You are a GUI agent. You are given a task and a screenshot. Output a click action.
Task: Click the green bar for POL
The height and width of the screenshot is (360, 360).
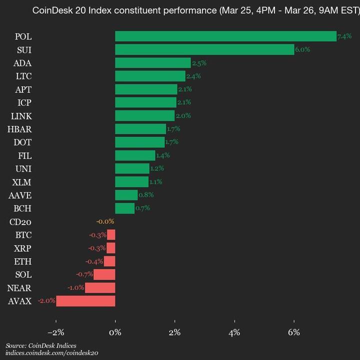click(x=225, y=36)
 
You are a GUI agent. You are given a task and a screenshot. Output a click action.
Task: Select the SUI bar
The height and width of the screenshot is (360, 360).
click(x=204, y=49)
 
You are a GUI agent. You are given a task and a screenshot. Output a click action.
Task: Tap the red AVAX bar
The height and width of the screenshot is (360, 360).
click(x=85, y=301)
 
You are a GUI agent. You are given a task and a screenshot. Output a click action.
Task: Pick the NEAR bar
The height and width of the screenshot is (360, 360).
click(x=100, y=288)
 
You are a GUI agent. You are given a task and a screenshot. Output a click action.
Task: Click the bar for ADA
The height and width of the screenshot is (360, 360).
click(x=153, y=63)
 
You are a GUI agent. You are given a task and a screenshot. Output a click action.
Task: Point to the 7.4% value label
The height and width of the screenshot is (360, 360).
click(x=344, y=36)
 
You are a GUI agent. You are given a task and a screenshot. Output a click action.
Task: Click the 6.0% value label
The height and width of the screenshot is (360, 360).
click(x=302, y=49)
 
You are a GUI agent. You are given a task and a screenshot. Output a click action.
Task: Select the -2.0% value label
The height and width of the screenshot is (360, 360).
click(x=46, y=301)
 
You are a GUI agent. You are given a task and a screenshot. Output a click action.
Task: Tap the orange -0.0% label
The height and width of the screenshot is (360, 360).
click(x=105, y=221)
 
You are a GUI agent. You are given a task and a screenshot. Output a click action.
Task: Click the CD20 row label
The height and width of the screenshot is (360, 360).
click(x=20, y=222)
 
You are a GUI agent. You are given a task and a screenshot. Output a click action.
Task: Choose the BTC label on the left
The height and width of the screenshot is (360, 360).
click(x=23, y=235)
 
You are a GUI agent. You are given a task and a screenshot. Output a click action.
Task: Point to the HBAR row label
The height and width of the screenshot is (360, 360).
click(x=19, y=129)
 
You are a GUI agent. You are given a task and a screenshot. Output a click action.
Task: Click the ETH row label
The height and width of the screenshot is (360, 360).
click(x=23, y=261)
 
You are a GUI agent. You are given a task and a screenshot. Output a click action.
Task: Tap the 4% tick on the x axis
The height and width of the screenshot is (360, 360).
click(x=234, y=332)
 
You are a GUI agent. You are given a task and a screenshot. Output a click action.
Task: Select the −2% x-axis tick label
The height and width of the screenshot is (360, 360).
click(x=55, y=332)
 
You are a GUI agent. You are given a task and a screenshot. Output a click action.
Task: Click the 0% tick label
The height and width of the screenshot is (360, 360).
click(x=115, y=332)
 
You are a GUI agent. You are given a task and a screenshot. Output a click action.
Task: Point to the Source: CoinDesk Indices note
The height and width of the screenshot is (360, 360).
click(x=41, y=345)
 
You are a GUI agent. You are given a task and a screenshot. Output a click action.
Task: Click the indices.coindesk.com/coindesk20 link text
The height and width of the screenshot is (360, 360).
click(x=52, y=353)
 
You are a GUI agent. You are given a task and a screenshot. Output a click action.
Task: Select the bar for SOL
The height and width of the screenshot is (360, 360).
click(x=104, y=274)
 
